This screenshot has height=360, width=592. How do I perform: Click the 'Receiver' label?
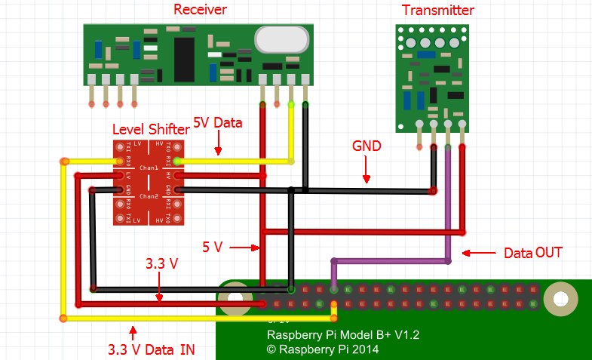200,9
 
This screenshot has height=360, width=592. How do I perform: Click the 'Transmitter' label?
438,10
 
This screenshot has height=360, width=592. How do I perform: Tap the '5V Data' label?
218,122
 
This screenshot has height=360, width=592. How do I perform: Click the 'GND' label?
367,146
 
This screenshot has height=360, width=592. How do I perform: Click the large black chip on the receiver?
184,52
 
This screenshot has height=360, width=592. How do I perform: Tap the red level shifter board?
148,183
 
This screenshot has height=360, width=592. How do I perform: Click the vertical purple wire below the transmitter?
448,204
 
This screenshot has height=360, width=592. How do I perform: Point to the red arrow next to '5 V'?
242,246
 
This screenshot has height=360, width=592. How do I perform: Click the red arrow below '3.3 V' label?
160,289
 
